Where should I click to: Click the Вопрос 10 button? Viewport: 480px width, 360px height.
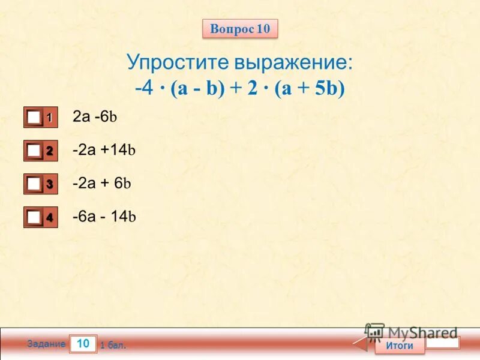(x=240, y=28)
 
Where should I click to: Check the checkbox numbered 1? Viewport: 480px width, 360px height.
(x=34, y=118)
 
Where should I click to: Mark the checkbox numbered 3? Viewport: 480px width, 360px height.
(x=34, y=184)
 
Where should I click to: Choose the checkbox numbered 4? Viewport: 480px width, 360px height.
(x=34, y=218)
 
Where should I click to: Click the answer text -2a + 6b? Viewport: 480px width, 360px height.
(x=101, y=183)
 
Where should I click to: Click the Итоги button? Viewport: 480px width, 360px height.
(x=399, y=346)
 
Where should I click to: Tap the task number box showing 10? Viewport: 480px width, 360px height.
(x=83, y=344)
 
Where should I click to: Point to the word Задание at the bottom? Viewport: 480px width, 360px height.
(x=46, y=344)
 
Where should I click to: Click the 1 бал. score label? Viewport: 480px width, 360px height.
(x=113, y=346)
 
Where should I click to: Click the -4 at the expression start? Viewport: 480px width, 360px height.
(x=143, y=88)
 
